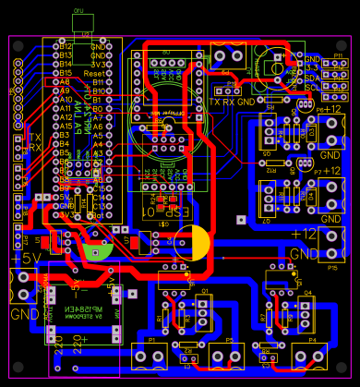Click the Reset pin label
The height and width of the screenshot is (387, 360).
92,72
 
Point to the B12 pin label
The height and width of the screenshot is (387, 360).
65,44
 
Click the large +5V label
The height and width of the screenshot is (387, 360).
19,258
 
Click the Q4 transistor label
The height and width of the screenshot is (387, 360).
308,292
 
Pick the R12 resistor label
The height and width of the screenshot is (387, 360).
270,171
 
